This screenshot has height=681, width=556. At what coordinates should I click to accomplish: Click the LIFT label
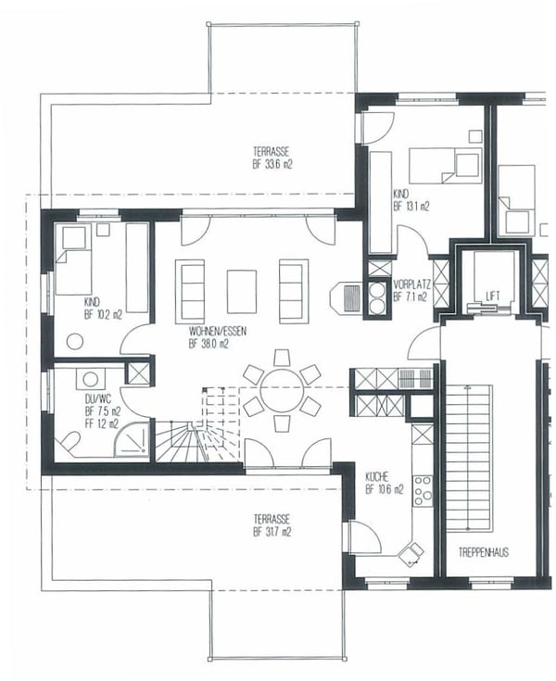click(493, 296)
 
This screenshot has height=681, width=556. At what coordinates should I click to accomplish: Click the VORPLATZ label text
click(409, 284)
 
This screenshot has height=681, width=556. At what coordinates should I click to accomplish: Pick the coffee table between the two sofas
click(242, 291)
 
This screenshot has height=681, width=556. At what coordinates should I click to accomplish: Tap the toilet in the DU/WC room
click(69, 442)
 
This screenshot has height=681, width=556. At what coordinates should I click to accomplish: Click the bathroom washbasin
click(91, 378)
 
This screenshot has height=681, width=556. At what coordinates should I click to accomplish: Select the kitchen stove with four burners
click(423, 489)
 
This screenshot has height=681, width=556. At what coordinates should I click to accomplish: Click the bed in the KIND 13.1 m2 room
click(445, 165)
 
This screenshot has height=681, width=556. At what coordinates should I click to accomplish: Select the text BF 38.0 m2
click(208, 343)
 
